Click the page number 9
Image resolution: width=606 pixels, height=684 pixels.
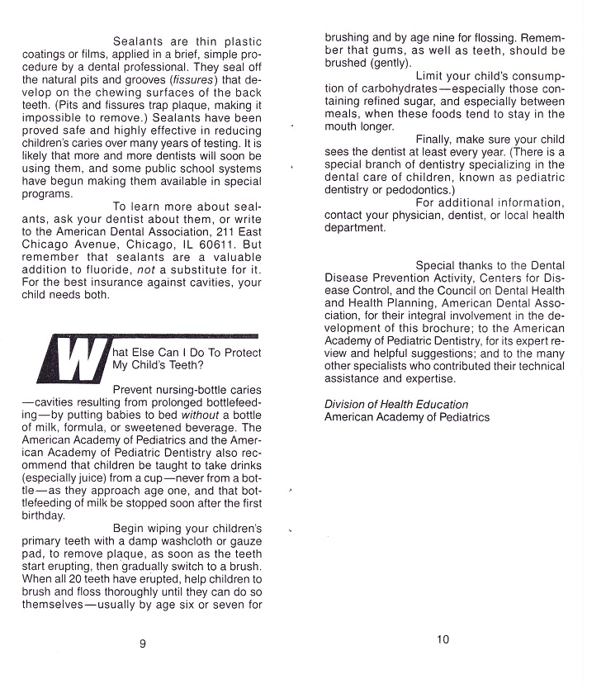[x=143, y=644]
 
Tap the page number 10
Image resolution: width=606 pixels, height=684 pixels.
[x=443, y=639]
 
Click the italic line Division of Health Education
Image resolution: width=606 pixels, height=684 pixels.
[x=396, y=405]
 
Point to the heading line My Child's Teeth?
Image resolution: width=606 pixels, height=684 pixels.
[x=158, y=364]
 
